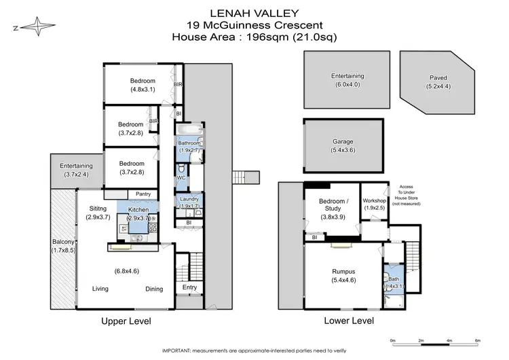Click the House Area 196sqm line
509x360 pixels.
coord(254,36)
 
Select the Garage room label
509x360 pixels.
coord(343,142)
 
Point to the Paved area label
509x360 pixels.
coord(438,77)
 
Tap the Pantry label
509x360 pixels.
coord(143,194)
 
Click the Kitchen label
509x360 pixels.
coord(138,210)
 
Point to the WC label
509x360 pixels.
coord(181,178)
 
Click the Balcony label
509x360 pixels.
coord(64,242)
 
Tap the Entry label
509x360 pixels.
coord(190,288)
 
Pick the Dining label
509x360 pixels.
coord(154,289)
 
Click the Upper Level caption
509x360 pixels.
coord(126,321)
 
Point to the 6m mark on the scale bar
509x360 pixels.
coord(477,340)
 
